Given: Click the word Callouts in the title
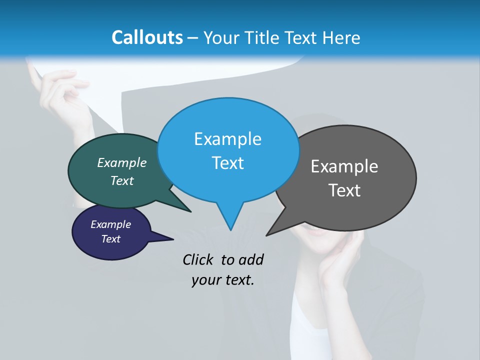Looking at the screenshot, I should point(147,37).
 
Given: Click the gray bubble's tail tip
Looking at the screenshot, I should point(266,235).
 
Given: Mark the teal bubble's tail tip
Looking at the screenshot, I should point(190,211).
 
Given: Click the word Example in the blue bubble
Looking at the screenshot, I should point(227,139).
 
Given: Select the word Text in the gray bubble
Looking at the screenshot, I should point(345,190).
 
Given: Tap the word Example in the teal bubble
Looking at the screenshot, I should point(122,162).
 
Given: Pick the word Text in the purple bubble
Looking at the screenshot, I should point(111,239).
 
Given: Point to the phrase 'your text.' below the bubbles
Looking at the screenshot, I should point(223,280).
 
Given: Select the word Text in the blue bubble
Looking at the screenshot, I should point(228,163).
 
